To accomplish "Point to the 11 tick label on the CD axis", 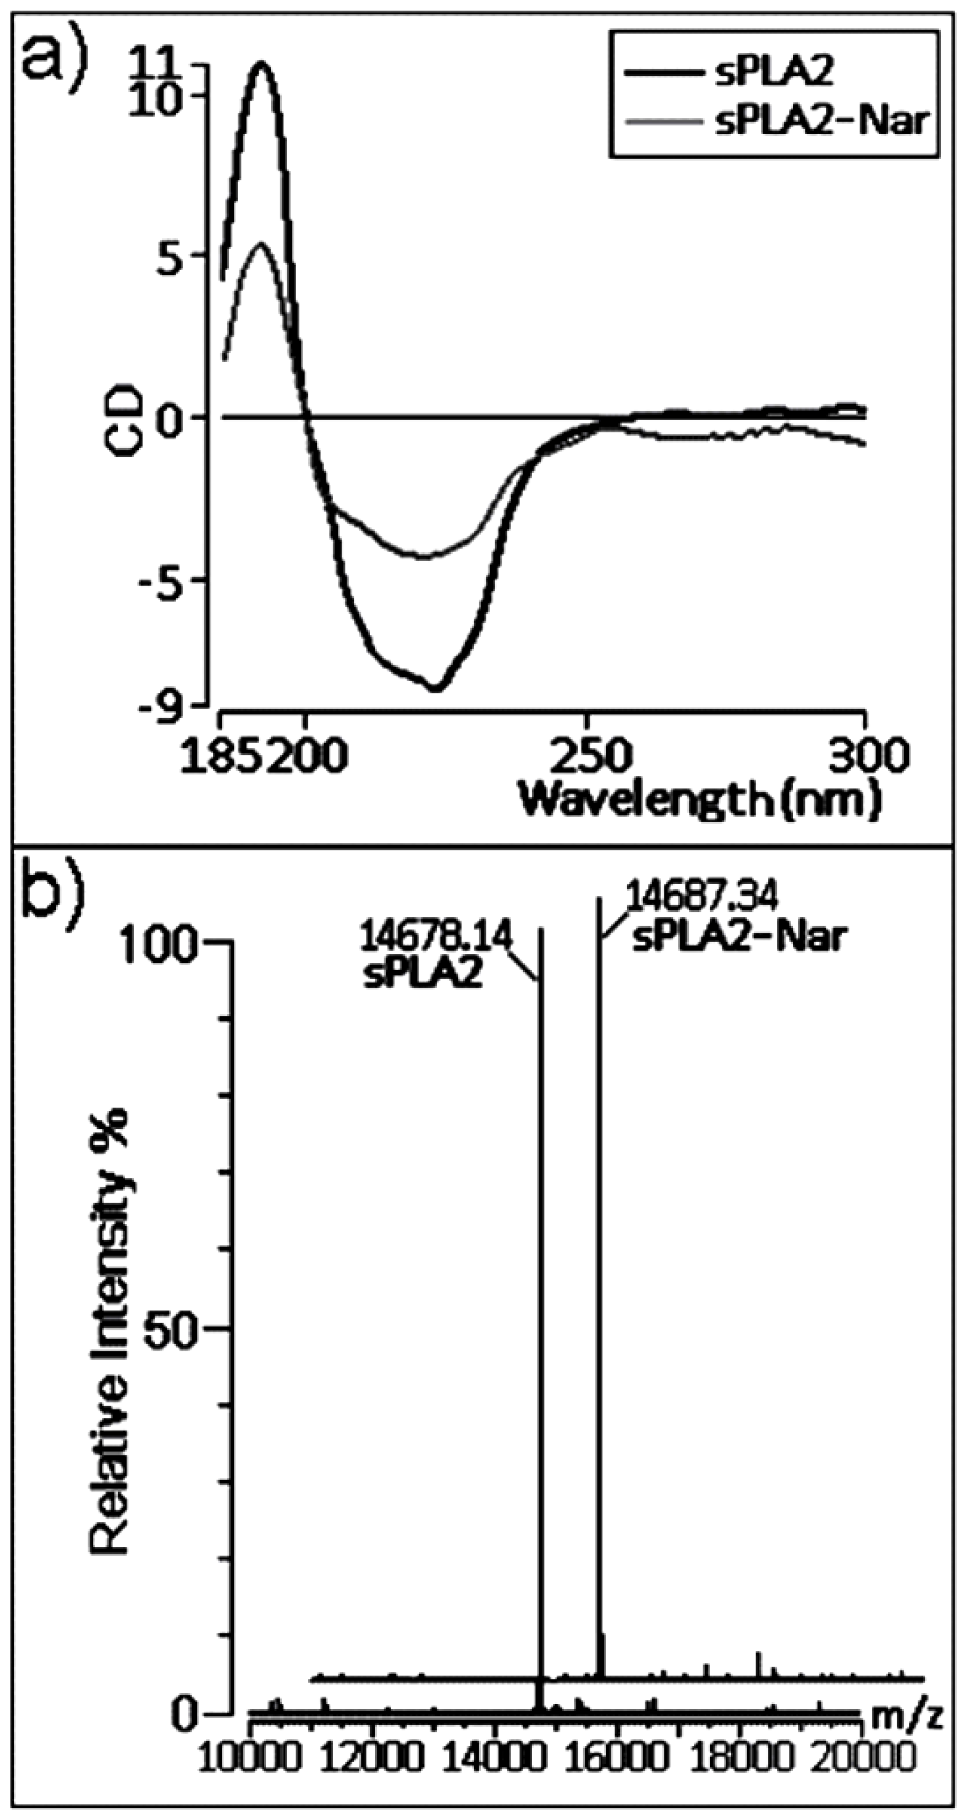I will [172, 68].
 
